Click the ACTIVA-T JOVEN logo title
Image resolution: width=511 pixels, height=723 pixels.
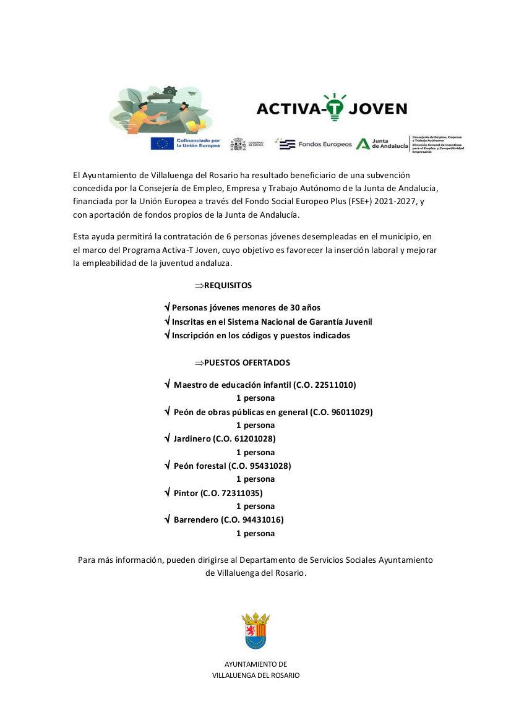pos(332,109)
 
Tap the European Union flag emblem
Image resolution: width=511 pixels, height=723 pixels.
pos(163,143)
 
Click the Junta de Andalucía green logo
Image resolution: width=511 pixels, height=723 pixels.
pos(363,143)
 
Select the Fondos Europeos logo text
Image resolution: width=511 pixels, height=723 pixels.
pos(325,144)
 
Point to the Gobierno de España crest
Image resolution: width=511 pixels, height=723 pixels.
pos(238,144)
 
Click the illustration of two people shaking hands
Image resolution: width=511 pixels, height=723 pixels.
pos(163,111)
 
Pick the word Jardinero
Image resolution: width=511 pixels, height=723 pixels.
pos(192,439)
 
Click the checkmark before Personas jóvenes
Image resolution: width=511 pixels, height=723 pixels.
pos(167,307)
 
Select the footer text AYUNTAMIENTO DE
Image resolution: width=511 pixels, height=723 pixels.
pos(255,664)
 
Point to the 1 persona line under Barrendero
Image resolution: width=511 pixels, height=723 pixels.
pos(255,533)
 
